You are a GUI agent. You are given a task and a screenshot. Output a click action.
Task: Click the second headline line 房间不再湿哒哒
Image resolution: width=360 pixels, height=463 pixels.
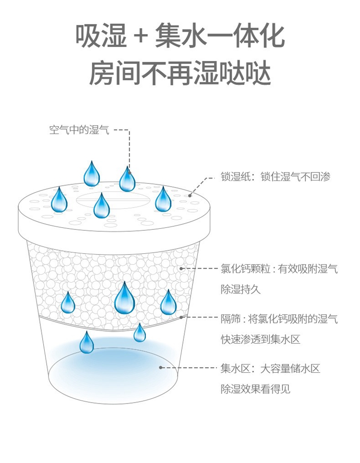(x=180, y=73)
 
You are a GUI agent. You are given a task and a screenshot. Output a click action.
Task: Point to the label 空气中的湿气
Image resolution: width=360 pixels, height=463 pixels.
(x=80, y=130)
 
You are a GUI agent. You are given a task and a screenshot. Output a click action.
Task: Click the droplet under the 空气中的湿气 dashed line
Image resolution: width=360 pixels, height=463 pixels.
(x=127, y=179)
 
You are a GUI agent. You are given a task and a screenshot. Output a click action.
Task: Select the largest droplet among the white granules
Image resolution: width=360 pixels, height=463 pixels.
(x=125, y=296)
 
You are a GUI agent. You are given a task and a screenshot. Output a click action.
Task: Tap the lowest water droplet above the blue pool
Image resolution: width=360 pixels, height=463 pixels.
(x=87, y=343)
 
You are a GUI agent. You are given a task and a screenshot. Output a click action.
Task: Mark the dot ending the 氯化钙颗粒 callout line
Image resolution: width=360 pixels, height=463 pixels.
(x=181, y=269)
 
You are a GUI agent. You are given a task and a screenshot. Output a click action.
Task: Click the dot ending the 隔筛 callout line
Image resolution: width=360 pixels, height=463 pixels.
(x=181, y=317)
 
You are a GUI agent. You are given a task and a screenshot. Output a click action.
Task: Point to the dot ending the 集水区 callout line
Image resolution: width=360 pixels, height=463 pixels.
(x=161, y=368)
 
